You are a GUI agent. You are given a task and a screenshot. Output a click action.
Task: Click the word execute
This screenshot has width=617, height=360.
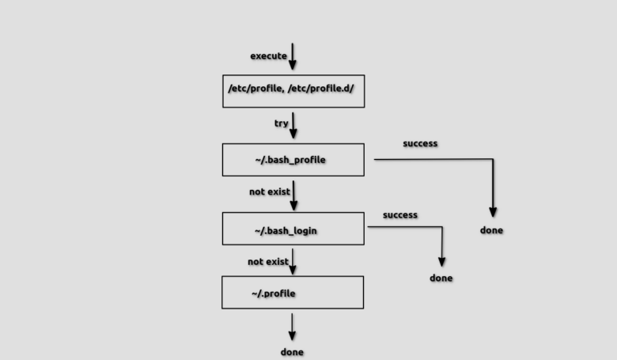point(268,56)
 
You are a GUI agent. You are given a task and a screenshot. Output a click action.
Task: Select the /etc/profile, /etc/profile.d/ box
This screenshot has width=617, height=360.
point(293,91)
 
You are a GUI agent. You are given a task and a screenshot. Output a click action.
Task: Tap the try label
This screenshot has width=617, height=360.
point(281,123)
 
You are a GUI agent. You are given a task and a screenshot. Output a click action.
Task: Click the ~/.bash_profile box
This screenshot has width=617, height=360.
point(293,160)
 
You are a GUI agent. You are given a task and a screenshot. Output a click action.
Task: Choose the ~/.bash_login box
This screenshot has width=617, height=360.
point(293,229)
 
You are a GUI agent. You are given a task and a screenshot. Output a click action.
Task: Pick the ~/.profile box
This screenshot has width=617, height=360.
point(292,293)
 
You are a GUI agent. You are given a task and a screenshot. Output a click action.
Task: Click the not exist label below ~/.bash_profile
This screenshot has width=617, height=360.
point(269,191)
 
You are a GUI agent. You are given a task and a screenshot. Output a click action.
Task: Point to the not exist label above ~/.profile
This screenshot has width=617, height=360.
point(267,262)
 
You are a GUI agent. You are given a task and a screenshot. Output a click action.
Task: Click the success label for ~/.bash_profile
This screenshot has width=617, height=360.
point(420,144)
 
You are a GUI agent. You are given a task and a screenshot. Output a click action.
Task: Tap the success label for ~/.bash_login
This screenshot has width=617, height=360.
point(400,215)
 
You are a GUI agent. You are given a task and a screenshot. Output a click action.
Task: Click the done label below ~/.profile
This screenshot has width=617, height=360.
point(292,352)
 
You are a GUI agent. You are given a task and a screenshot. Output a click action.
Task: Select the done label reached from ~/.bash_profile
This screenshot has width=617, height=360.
point(491,230)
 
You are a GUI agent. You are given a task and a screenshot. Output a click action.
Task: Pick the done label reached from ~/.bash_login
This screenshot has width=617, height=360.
point(441,279)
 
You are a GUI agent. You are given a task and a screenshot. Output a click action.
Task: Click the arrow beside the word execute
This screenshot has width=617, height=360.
point(293,56)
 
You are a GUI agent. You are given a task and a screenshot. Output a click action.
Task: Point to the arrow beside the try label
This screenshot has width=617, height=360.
point(293,125)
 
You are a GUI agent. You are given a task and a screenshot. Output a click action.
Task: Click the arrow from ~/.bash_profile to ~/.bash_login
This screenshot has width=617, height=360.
point(293,195)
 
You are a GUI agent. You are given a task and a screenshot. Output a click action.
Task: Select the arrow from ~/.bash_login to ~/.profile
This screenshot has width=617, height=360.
point(293,261)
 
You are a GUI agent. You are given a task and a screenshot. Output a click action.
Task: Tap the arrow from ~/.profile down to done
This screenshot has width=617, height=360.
point(292,327)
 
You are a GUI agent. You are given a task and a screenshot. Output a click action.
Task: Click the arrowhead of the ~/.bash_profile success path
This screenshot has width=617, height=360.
point(493,212)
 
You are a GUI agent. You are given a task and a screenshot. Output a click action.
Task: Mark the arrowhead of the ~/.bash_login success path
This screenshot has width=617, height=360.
point(441,262)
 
